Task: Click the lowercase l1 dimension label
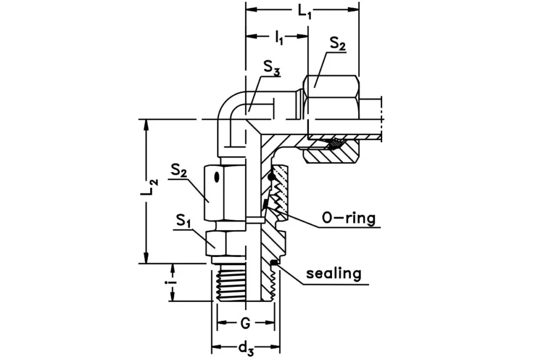[x=279, y=38]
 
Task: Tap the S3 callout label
[x=273, y=67]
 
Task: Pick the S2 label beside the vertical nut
[x=180, y=170]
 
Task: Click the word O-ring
[x=349, y=219]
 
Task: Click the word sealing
[x=334, y=273]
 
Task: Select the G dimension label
[x=246, y=324]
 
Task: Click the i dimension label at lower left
[x=173, y=282]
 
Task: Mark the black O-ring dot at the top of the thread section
[x=271, y=176]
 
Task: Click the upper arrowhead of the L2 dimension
[x=146, y=125]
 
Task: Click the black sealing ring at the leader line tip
[x=274, y=264]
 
